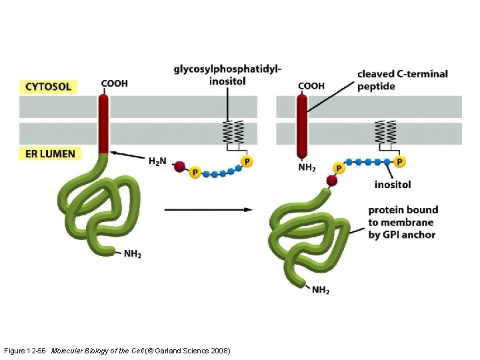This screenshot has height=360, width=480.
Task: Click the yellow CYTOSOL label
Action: click(x=48, y=87)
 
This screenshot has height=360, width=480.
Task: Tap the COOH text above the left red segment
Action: click(x=114, y=84)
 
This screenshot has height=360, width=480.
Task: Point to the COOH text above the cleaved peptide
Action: click(x=311, y=85)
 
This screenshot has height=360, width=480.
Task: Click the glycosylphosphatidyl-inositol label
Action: click(x=227, y=75)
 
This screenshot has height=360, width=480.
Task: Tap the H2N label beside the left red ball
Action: click(x=157, y=161)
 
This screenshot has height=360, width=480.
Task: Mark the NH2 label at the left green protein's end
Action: click(x=132, y=253)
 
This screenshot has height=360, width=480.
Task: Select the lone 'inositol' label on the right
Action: click(x=392, y=184)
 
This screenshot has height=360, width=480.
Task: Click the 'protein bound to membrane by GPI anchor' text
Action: click(x=401, y=222)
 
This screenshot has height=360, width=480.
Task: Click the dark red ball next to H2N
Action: click(x=179, y=167)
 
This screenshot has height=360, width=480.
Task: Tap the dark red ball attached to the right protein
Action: click(x=331, y=181)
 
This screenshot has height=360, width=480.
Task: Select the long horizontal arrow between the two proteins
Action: click(x=208, y=209)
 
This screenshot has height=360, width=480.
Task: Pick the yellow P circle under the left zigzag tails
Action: click(x=247, y=161)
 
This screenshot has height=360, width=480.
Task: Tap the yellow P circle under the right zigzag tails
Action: click(x=399, y=161)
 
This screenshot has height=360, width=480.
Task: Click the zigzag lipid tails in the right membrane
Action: click(x=386, y=131)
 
